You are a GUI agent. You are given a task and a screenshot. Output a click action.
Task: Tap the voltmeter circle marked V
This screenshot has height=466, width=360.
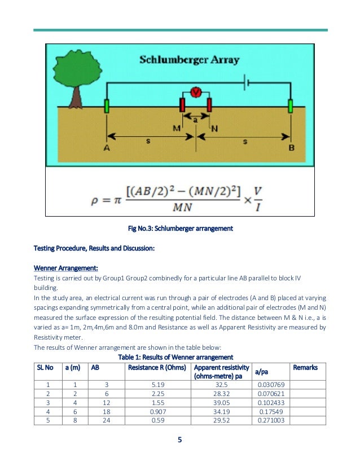(x=195, y=93)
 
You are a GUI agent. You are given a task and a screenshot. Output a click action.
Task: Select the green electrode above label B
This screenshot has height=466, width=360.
(x=291, y=105)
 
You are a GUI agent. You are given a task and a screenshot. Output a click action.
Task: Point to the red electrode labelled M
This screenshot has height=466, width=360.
(x=182, y=105)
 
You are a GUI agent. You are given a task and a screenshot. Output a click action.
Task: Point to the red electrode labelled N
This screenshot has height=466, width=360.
(x=209, y=105)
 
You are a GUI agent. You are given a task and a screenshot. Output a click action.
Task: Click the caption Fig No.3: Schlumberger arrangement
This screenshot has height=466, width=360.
(x=180, y=229)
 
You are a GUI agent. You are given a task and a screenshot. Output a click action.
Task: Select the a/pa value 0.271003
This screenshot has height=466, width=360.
(x=269, y=420)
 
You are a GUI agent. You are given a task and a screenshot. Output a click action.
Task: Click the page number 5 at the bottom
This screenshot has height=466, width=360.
(x=180, y=440)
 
